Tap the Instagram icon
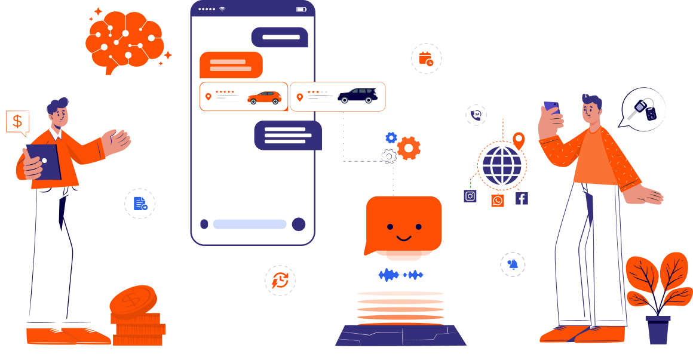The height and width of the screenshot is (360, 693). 470,196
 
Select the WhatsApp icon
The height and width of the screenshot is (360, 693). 498,201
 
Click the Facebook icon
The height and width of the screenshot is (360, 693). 522,199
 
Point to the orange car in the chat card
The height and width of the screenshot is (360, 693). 264,97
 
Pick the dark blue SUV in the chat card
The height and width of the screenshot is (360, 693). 357,96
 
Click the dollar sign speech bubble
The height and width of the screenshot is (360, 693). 17,122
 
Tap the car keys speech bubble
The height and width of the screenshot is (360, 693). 643,109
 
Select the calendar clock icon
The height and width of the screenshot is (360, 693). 426,59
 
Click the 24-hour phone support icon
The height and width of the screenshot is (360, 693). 476,115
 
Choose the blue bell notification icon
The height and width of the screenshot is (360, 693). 513,264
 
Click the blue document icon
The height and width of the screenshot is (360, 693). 140,204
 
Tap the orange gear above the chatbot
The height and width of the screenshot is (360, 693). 409,148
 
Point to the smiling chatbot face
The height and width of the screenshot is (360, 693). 404,227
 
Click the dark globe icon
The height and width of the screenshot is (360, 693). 501,165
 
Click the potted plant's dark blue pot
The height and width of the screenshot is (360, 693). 658,331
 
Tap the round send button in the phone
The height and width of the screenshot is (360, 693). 298,224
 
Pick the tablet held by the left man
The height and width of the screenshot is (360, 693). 43,161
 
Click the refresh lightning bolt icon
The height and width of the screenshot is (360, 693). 280,281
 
